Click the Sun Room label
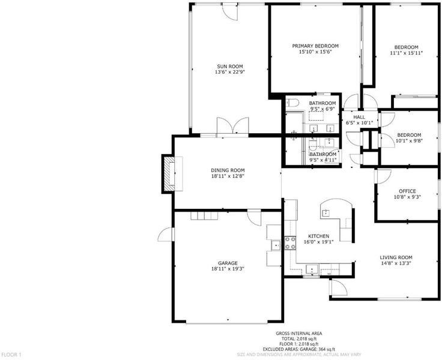230,67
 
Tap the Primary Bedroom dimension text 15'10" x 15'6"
315,52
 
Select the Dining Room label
228,170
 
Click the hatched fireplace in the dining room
169,174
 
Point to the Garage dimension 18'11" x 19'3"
228,269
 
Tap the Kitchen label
318,236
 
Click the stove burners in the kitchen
290,243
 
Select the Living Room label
396,257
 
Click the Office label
407,191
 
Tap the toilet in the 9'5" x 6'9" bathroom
292,103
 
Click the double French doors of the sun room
233,125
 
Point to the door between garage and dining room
254,217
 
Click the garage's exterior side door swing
166,235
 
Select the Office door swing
383,176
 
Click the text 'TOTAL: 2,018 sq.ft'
299,338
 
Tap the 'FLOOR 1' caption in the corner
11,355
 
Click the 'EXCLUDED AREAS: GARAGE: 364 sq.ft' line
299,349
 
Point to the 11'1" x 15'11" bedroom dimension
406,53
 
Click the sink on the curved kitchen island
326,213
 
